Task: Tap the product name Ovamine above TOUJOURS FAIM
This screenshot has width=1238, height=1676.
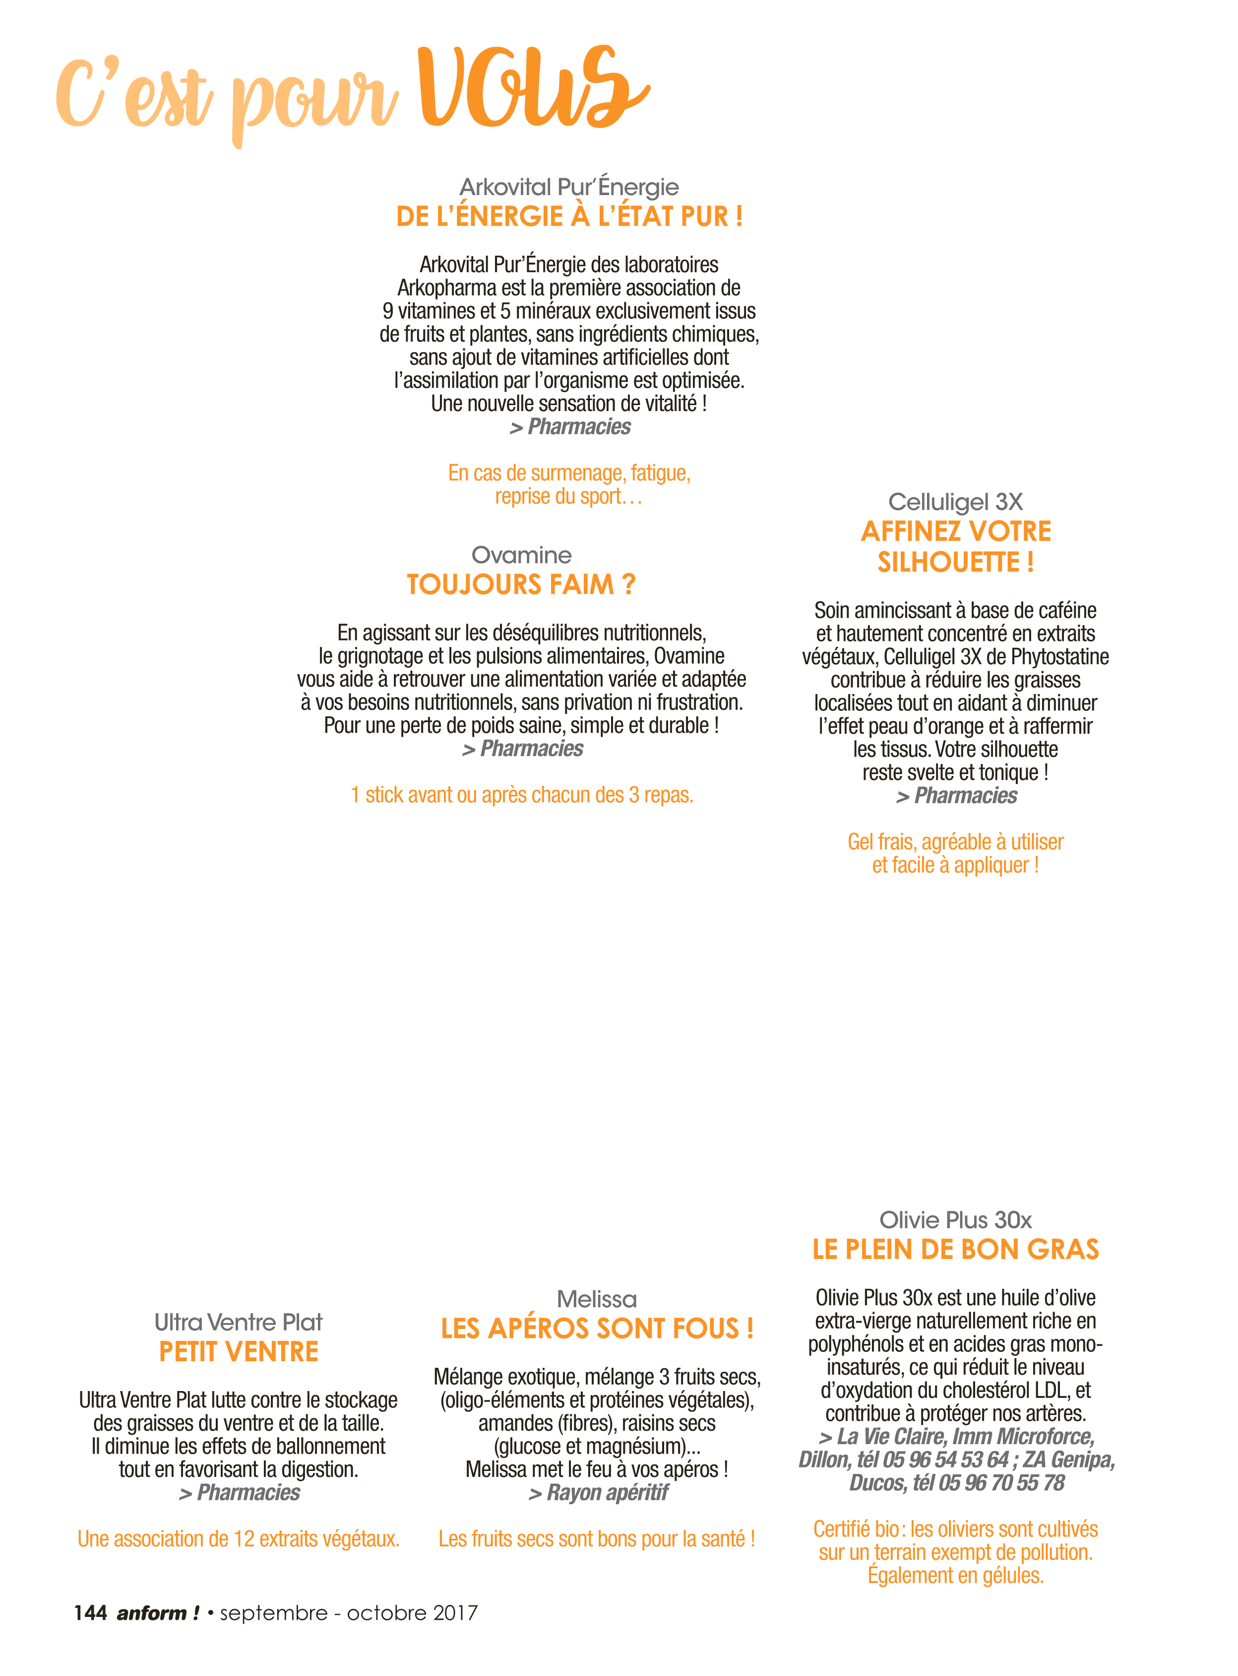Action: [x=522, y=555]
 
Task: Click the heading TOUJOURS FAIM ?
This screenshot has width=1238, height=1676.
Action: [x=522, y=584]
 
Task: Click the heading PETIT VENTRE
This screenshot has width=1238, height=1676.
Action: [x=238, y=1351]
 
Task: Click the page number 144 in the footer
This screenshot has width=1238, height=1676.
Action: [x=91, y=1613]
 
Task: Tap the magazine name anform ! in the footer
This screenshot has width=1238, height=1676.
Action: [x=158, y=1613]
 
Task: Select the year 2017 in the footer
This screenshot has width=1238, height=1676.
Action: [x=454, y=1613]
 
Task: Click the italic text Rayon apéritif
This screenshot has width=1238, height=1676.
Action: [x=608, y=1492]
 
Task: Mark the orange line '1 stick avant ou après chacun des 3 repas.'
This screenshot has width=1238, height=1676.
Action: [x=522, y=795]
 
